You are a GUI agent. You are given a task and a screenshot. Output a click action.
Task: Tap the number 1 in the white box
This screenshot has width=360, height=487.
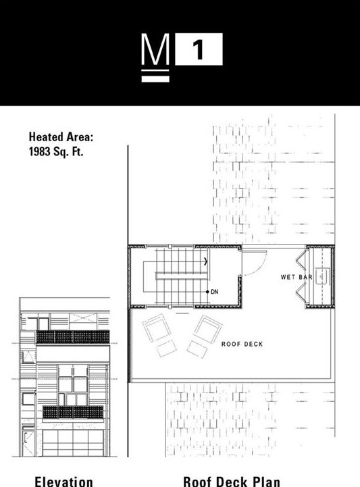(x=199, y=51)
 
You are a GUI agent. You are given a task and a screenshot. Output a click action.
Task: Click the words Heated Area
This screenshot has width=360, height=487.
(x=61, y=137)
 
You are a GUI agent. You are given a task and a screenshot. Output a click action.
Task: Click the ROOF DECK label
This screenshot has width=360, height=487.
(x=242, y=344)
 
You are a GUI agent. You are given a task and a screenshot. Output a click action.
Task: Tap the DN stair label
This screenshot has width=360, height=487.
(x=215, y=292)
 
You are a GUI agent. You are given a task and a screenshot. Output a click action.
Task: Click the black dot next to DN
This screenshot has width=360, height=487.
(x=207, y=292)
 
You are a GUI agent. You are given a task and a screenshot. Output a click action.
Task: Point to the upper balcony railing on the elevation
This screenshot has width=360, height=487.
(x=72, y=336)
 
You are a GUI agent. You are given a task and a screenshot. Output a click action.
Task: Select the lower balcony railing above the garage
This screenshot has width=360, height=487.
(x=72, y=412)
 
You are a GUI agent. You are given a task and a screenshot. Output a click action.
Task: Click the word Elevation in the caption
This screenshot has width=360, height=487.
(x=63, y=481)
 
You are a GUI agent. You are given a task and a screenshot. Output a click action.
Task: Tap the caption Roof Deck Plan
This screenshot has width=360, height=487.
(x=231, y=481)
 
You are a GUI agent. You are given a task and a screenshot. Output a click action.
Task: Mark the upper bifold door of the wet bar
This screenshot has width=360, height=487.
(x=301, y=259)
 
